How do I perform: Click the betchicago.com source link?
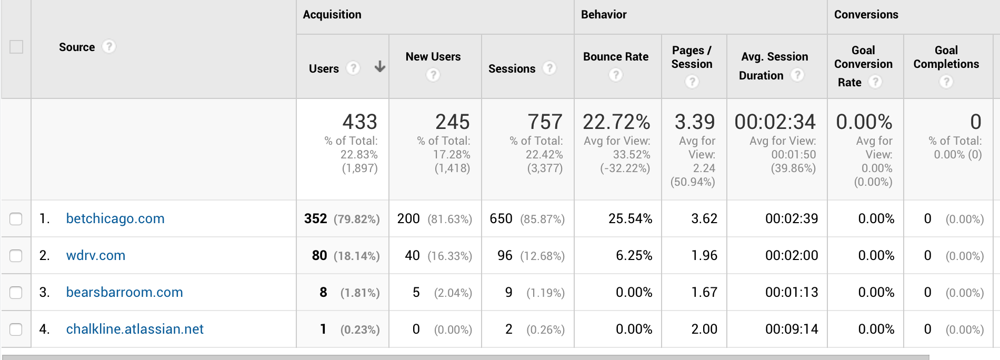click(x=115, y=218)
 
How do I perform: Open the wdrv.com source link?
click(x=96, y=255)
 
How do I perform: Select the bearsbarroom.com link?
click(x=124, y=292)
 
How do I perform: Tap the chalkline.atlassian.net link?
click(x=135, y=329)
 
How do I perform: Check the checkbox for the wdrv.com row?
click(x=16, y=256)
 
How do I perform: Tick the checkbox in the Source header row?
click(x=16, y=47)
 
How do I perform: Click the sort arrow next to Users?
click(x=379, y=67)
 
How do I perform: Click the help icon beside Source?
click(x=108, y=47)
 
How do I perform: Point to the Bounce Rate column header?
click(x=616, y=57)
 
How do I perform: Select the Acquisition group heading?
click(x=332, y=15)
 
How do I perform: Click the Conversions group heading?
click(x=866, y=15)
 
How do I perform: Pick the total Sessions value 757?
click(x=545, y=122)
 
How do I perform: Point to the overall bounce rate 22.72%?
click(x=616, y=122)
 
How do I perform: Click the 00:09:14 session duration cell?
click(x=792, y=329)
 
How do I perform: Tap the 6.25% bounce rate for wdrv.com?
click(x=634, y=255)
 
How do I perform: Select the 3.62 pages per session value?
click(x=704, y=218)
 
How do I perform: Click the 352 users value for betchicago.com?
click(x=316, y=218)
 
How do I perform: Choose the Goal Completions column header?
click(x=946, y=57)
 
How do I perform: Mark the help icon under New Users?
click(x=433, y=75)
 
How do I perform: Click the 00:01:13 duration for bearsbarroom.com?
click(x=792, y=292)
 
